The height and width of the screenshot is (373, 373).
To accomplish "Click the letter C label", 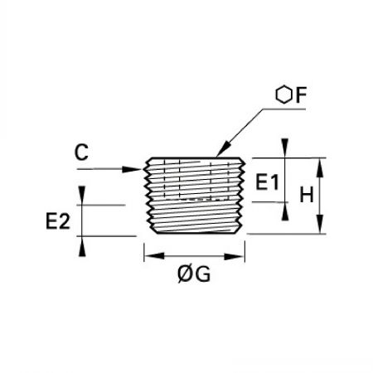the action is (81, 153).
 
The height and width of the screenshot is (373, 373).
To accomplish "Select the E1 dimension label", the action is (267, 182).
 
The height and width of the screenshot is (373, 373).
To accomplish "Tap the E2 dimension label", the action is (58, 221).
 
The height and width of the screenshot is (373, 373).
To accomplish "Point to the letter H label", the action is (307, 195).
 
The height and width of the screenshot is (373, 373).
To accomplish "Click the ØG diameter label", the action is (194, 274).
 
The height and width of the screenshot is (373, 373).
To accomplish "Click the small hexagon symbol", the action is (283, 95).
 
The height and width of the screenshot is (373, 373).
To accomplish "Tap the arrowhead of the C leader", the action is (132, 169).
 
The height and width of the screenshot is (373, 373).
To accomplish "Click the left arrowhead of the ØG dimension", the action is (154, 256).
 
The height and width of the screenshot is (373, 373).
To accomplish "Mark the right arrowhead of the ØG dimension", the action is (234, 256).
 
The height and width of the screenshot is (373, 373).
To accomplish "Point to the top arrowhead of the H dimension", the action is (320, 167).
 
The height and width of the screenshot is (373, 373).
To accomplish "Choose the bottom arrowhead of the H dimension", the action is (320, 224).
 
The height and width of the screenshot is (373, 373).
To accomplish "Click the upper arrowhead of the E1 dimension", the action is (285, 148).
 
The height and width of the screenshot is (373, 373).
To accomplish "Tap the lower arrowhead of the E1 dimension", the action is (285, 211).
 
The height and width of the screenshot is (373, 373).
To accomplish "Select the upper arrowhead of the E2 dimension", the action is (82, 196).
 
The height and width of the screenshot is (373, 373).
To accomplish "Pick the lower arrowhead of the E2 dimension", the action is (82, 246).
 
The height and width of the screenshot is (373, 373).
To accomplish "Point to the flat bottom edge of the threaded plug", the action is (196, 234).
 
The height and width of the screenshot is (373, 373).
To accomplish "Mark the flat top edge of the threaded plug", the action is (195, 158).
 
